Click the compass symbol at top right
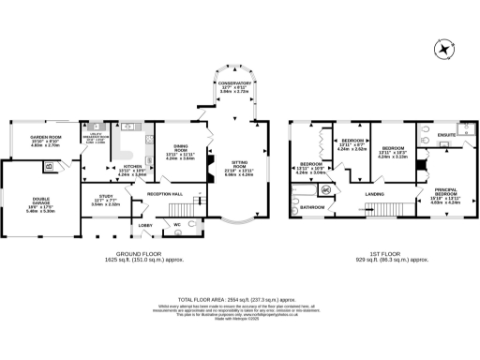click(x=443, y=49)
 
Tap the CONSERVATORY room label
click(x=235, y=86)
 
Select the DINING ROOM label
click(x=178, y=149)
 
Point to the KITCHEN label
click(x=132, y=166)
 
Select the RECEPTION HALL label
click(x=164, y=194)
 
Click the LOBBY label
click(x=145, y=226)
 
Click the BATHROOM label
click(x=312, y=206)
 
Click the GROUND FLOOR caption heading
click(x=142, y=254)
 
